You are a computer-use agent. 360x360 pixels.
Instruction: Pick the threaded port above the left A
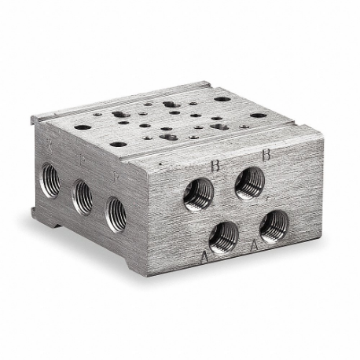tap(225, 235)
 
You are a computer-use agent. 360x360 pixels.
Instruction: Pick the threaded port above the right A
tap(274, 226)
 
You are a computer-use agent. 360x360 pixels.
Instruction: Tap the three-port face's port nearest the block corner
tap(115, 212)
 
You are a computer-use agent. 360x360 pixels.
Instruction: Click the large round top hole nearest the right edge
tap(259, 115)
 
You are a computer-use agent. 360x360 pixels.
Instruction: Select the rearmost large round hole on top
tap(222, 99)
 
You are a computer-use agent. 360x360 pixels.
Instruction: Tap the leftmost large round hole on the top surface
tap(83, 127)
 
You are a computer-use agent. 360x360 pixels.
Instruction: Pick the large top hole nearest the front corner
tap(118, 144)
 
